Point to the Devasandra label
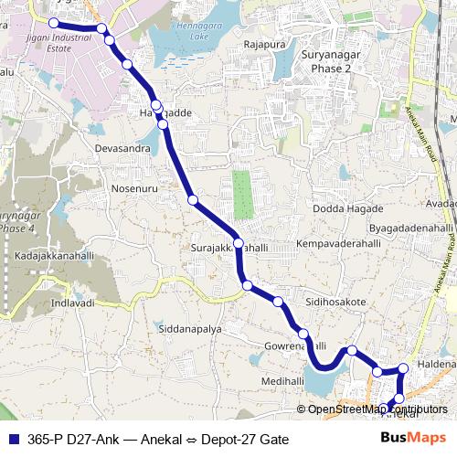[x=121, y=147]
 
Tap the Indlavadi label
[x=73, y=302]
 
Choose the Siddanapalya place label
[x=190, y=328]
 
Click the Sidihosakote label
[x=335, y=301]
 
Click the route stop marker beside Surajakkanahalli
[x=238, y=243]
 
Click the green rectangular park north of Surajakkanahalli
[x=242, y=195]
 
